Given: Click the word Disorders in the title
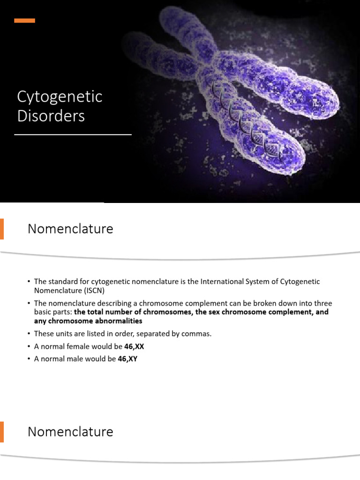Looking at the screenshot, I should point(51,115).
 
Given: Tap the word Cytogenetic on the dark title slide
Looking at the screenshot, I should point(60,97).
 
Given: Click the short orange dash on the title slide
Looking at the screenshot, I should point(25,21).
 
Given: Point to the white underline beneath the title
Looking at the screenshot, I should point(73,135).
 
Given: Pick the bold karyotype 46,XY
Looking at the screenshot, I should point(120,359).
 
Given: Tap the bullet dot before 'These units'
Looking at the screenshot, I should point(29,334).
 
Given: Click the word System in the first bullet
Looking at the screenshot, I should point(256,281).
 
